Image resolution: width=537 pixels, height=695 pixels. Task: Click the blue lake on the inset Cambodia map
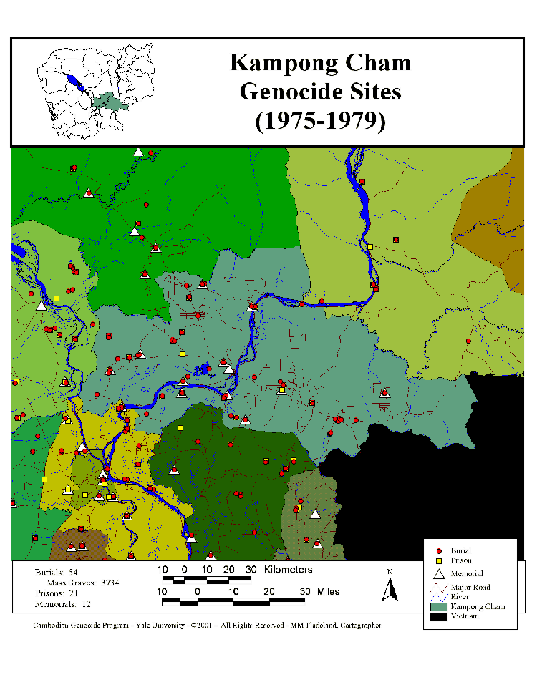77,84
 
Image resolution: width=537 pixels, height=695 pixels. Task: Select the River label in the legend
460,596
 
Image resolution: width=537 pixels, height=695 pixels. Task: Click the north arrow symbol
390,590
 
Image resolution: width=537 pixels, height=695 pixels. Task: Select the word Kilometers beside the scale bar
288,570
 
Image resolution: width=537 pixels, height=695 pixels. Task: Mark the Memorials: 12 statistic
63,604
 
